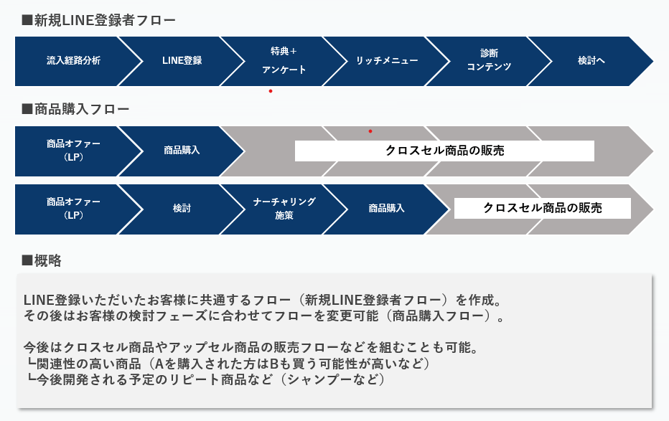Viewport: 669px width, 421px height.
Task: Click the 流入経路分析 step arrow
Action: tap(73, 61)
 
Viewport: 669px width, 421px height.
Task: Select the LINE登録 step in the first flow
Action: tap(182, 61)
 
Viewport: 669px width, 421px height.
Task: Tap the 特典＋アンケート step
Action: tap(284, 61)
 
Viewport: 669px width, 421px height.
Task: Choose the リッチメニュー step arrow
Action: tap(387, 61)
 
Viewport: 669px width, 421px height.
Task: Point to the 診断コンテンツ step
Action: tap(489, 61)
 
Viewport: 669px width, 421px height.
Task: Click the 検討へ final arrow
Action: tap(591, 61)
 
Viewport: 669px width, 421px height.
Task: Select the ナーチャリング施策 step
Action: tap(284, 209)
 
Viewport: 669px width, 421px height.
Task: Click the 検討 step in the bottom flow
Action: tap(182, 209)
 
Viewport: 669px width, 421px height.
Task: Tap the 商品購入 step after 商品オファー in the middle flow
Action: tap(182, 151)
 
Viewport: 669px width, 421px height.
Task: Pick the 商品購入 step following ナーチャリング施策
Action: tap(387, 209)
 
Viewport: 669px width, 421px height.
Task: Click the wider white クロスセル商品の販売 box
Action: tap(444, 151)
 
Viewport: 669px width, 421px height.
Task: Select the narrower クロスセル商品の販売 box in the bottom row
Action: tap(542, 209)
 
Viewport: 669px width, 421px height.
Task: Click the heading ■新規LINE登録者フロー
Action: tap(98, 20)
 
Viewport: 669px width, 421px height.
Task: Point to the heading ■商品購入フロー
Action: tap(75, 109)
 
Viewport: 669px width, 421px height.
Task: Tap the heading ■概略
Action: tap(42, 260)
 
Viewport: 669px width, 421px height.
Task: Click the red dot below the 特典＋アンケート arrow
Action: tap(271, 91)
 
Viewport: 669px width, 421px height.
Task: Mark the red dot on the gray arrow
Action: tap(370, 131)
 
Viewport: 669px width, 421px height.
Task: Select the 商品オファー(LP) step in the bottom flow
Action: tap(73, 209)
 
